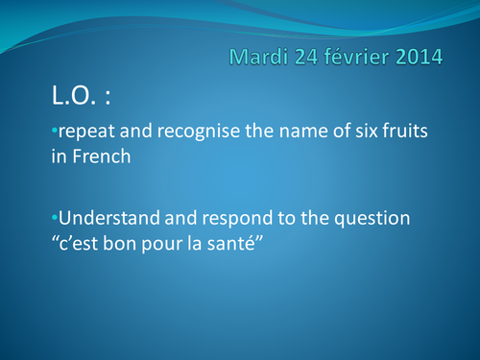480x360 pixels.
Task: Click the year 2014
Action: [x=419, y=58]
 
